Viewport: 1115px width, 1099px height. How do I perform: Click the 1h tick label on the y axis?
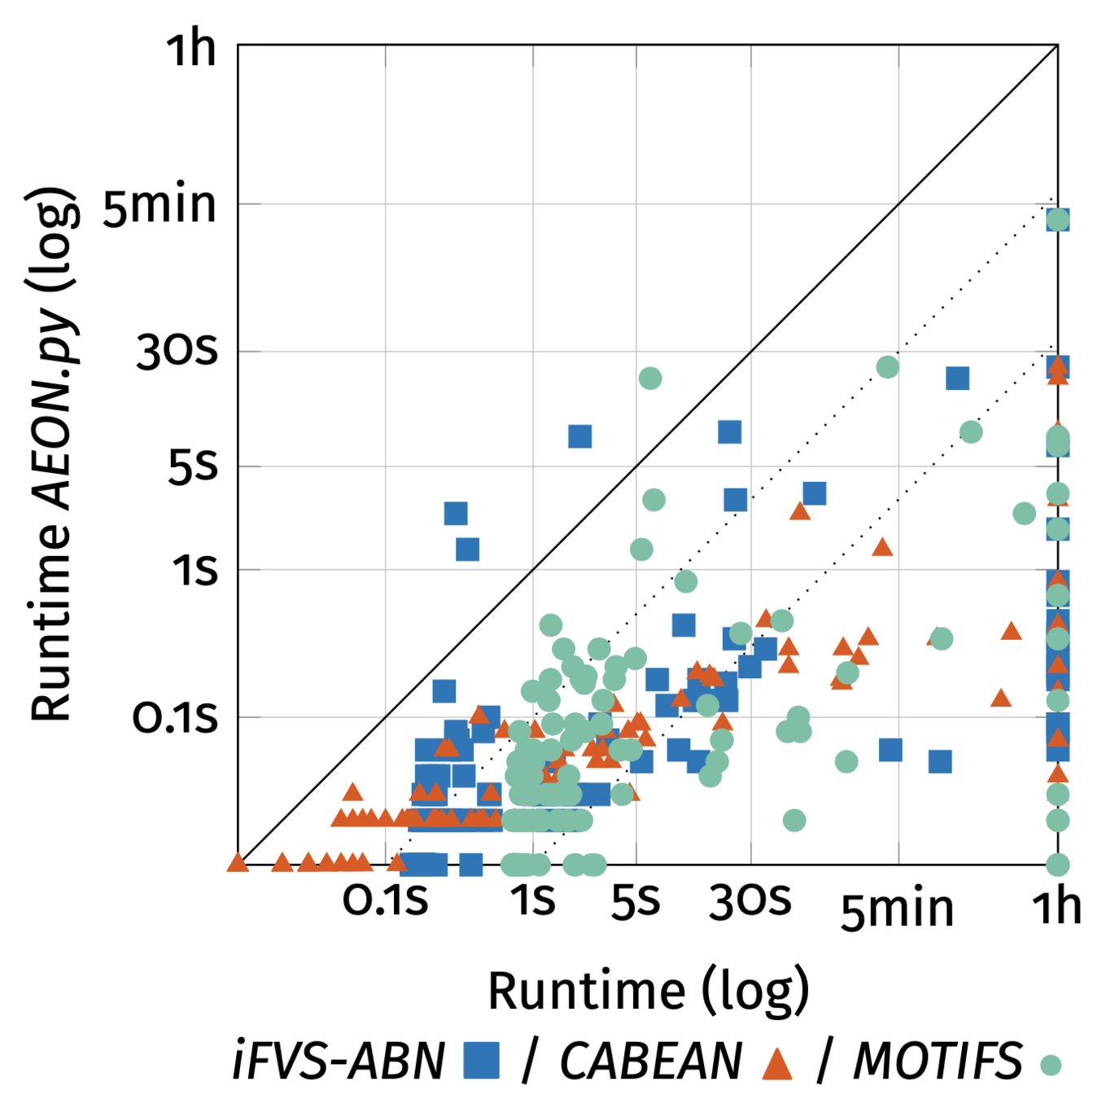pos(191,49)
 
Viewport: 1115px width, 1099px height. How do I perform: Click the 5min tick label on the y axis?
pos(160,205)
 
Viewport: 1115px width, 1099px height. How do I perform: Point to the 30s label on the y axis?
pos(177,352)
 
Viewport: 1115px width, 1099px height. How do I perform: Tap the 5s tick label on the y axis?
pos(193,466)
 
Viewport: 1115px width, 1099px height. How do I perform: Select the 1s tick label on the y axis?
pos(195,570)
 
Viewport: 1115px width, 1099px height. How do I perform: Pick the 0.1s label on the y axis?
pos(175,718)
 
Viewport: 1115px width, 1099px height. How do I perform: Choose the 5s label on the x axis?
pos(636,901)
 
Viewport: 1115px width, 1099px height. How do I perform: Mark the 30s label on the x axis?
pos(750,901)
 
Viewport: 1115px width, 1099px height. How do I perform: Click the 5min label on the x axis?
pos(897,909)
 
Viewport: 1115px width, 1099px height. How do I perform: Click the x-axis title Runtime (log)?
pos(649,991)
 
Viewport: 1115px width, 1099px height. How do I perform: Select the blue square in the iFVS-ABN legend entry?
pos(481,1061)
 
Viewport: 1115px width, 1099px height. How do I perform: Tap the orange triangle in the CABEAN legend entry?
pos(777,1062)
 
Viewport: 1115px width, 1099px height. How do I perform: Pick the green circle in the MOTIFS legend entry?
pos(1051,1065)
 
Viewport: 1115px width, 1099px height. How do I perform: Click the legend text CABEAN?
pos(651,1061)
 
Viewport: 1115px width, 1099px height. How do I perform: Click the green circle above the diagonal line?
pos(649,378)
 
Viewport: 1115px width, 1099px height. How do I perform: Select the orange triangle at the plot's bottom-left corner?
pos(238,862)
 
